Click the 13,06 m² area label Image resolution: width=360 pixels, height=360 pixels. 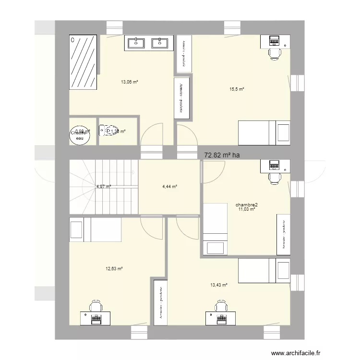[x=130, y=82]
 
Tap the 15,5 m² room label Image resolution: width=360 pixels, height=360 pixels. [x=237, y=89]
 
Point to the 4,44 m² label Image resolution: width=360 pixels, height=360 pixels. [x=170, y=187]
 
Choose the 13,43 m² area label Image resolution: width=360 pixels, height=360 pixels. [x=218, y=285]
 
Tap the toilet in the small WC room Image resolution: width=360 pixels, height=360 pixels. [x=105, y=130]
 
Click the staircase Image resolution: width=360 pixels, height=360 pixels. [x=104, y=186]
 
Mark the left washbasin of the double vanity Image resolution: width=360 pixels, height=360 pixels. [x=136, y=43]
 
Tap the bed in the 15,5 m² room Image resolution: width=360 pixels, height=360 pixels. [x=264, y=132]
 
